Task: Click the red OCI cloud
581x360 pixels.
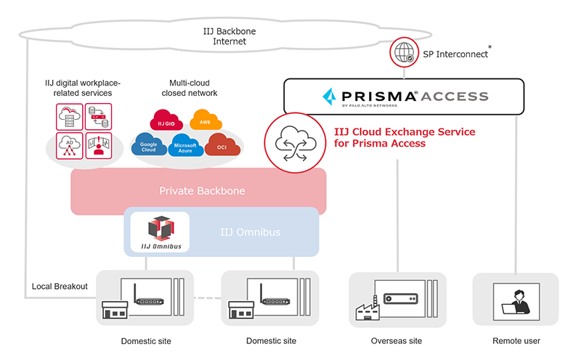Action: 221,147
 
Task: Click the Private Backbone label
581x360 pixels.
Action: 201,192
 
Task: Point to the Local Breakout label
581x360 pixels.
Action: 60,286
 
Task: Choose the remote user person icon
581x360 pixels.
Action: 516,300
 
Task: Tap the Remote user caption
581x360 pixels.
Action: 516,341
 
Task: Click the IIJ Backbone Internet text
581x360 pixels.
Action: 230,36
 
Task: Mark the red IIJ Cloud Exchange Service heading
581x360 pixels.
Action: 404,138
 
